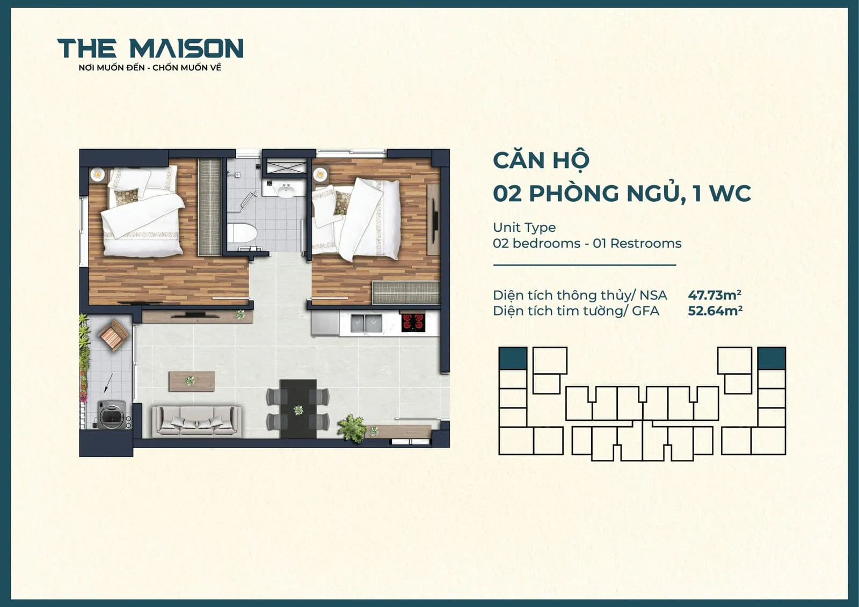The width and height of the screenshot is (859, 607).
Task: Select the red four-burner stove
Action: point(413,321)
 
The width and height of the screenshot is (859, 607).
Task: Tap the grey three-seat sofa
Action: point(196,420)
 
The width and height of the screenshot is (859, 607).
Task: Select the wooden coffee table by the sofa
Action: point(192,381)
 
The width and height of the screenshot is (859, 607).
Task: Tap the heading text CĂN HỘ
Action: point(541,160)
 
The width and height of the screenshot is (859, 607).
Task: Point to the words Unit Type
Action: point(524,228)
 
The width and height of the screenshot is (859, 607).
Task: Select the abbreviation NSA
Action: point(653,295)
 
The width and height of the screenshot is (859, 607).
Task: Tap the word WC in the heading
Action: point(729,193)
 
